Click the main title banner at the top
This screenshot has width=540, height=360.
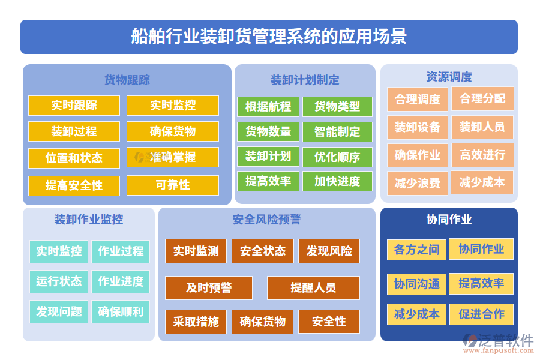tap(269, 37)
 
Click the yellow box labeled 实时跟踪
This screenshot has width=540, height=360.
tap(74, 106)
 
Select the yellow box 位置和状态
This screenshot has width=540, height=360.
tap(74, 158)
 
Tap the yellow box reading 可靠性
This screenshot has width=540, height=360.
tap(172, 185)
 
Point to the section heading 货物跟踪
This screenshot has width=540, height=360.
tap(127, 80)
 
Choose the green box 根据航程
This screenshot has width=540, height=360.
tap(268, 107)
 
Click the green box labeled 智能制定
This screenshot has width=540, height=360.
tap(337, 132)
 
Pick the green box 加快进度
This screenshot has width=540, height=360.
tap(337, 181)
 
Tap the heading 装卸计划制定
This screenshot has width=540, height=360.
tap(305, 80)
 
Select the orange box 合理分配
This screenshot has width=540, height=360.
tap(482, 99)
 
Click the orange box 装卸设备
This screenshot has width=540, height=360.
tap(417, 127)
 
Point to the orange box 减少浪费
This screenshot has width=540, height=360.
tap(417, 182)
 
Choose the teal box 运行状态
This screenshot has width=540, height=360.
tap(59, 281)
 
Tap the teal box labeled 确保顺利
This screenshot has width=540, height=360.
tap(121, 311)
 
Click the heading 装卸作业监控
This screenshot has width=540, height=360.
tap(88, 220)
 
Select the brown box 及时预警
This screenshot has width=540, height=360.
tap(209, 288)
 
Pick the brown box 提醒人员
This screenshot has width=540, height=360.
tap(313, 288)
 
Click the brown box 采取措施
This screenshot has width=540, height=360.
tap(196, 322)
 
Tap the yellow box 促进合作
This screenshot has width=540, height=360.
tap(481, 314)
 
